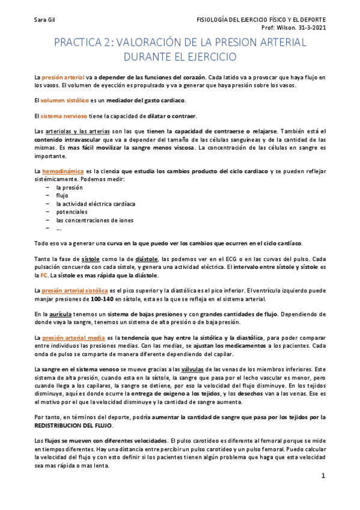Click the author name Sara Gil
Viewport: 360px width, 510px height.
pos(44,20)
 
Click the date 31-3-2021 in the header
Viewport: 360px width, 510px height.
pos(314,28)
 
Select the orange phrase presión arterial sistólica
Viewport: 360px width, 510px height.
pos(75,290)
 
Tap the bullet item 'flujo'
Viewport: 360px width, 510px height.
pos(62,195)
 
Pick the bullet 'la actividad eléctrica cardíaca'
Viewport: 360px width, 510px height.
pos(96,204)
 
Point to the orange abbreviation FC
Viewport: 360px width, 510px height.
pos(44,275)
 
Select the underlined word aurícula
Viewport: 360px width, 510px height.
pos(62,314)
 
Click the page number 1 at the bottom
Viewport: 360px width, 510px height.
pos(323,476)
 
